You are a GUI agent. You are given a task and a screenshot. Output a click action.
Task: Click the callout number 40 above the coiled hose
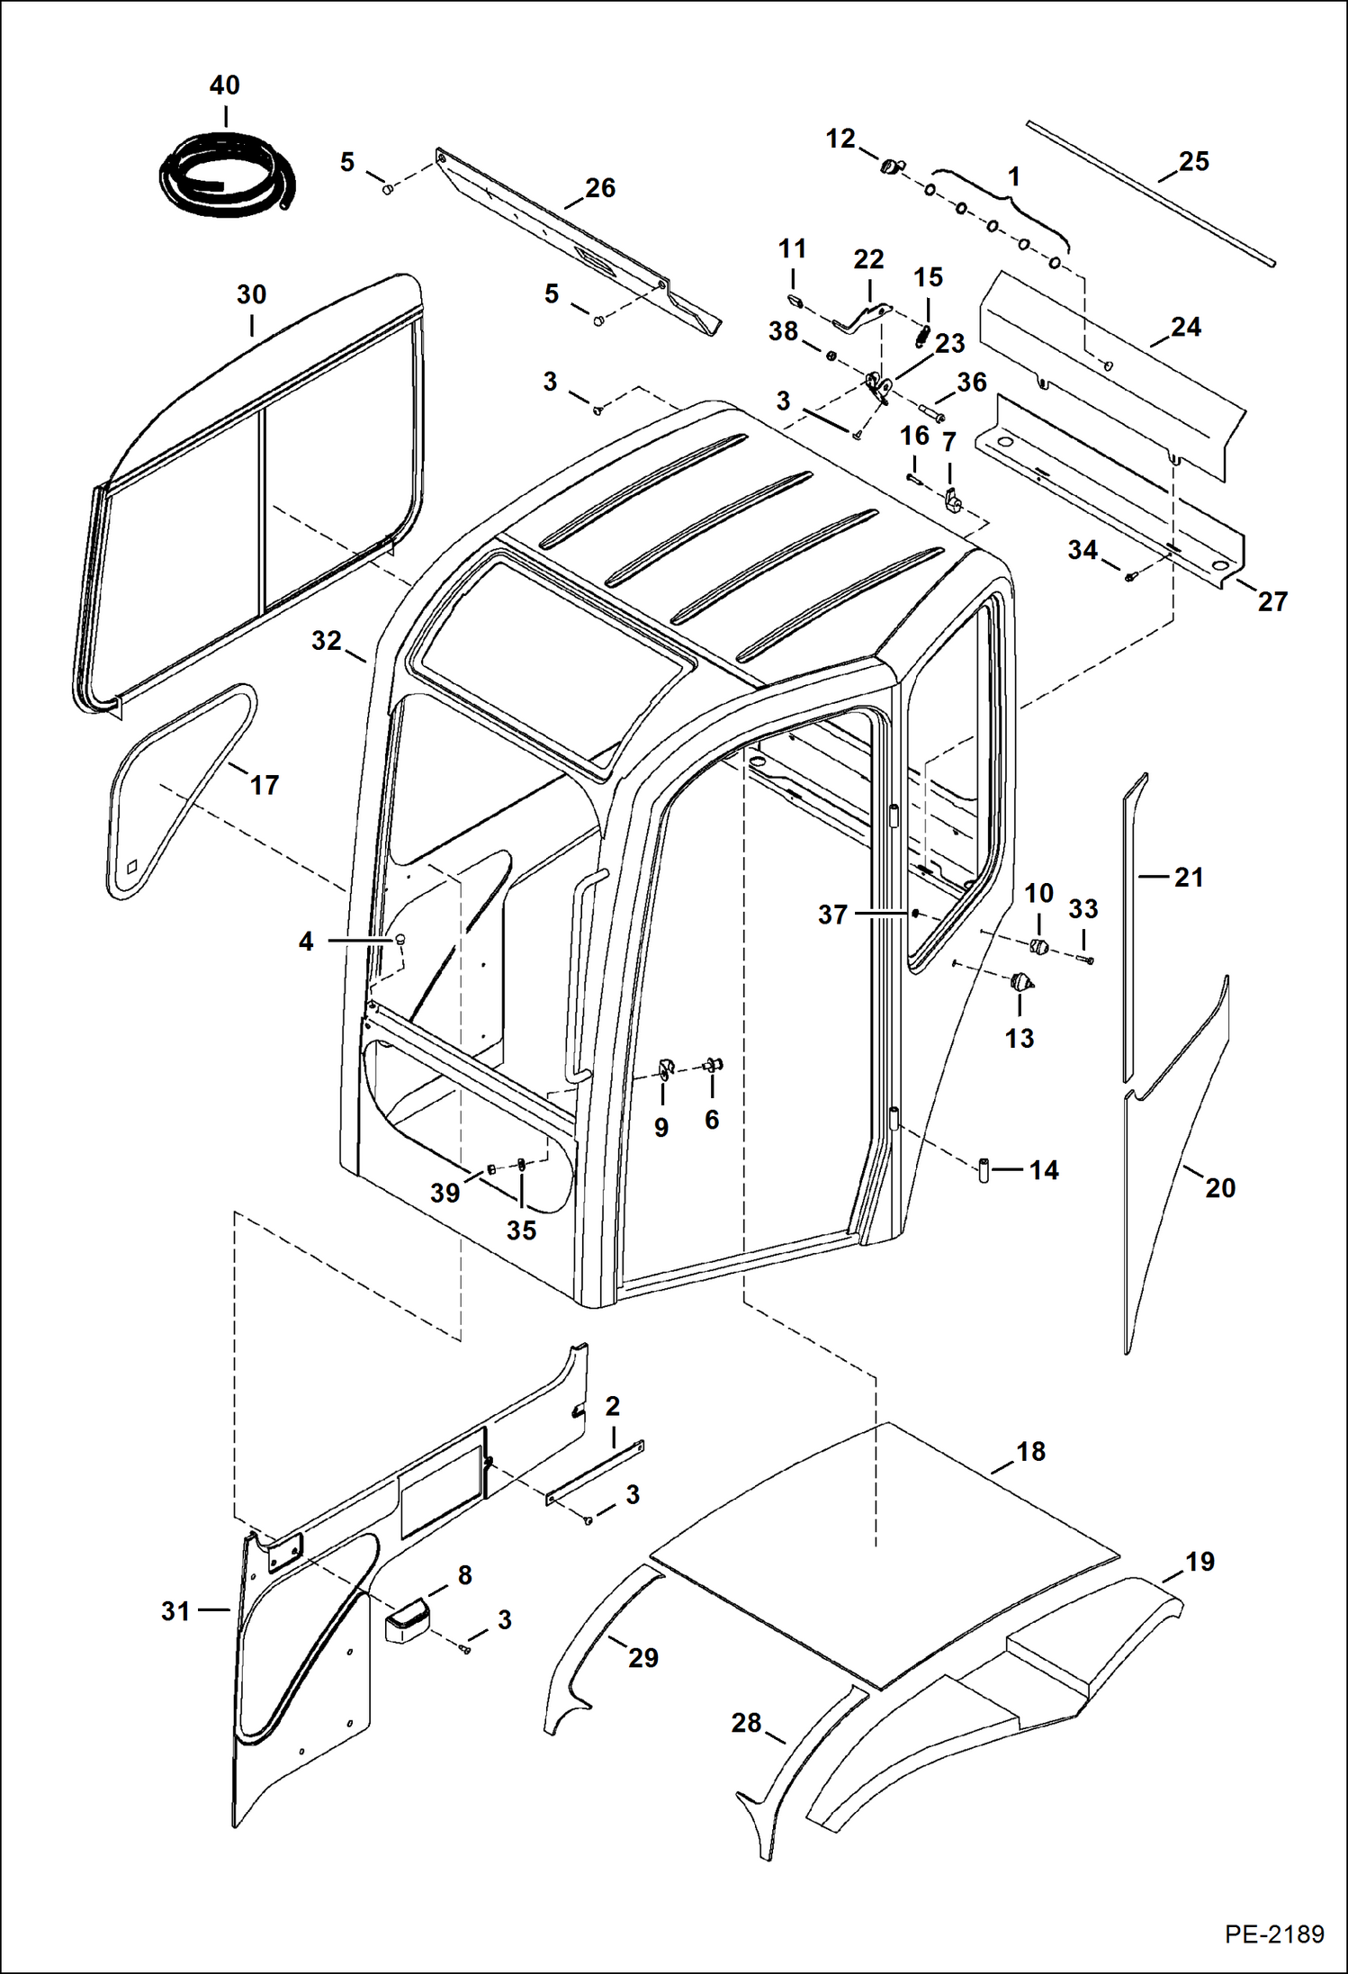point(224,86)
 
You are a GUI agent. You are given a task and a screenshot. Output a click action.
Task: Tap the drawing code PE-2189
point(1273,1933)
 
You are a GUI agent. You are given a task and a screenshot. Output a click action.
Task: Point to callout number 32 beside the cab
point(326,640)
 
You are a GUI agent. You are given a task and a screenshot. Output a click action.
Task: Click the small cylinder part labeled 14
point(984,1170)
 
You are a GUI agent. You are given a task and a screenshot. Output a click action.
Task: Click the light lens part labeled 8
point(408,1620)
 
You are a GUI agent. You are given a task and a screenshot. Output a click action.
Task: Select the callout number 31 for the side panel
point(175,1610)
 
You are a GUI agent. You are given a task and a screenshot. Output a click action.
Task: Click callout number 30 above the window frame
point(251,294)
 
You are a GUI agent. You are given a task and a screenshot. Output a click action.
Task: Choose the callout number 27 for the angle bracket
point(1272,600)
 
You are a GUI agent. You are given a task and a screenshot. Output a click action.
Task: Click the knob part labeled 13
point(1020,982)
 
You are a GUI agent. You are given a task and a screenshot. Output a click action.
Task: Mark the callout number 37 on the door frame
point(832,915)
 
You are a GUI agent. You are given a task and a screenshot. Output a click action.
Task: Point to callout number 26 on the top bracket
point(600,188)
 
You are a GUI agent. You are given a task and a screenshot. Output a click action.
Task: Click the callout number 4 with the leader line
point(306,942)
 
